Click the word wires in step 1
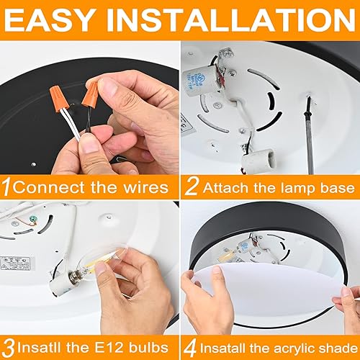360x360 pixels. [x=144, y=188]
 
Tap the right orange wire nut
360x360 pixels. [x=91, y=93]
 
